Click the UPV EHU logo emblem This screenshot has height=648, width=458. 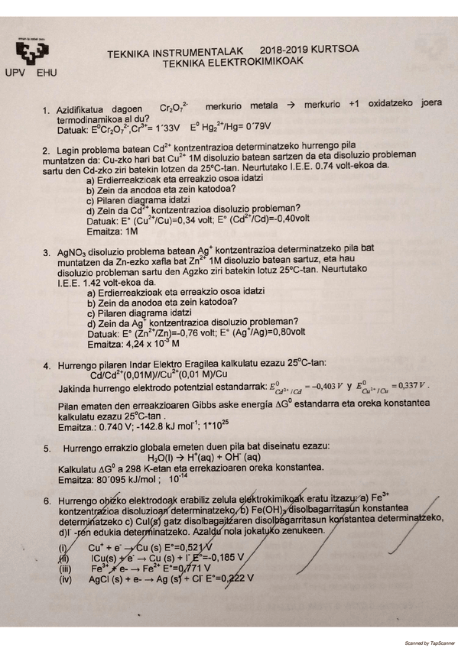[32, 53]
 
